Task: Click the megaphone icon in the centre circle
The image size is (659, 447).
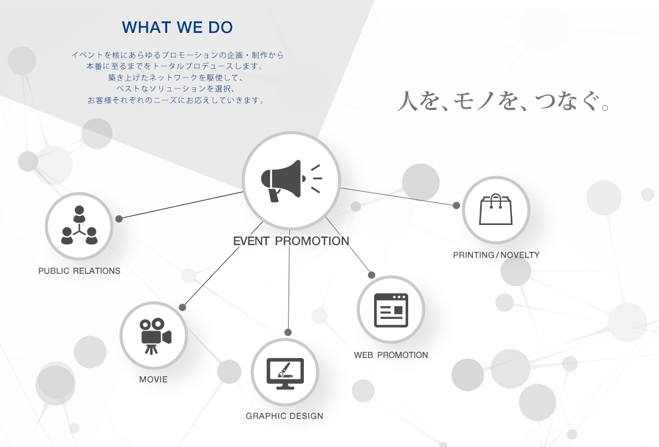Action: point(291,181)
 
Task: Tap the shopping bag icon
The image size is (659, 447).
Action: point(496,209)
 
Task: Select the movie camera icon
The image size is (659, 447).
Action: point(155,336)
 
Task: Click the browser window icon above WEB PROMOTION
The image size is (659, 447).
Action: point(391,310)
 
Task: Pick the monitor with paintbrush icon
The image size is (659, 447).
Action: point(285,373)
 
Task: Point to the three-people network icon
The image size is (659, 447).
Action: point(79,225)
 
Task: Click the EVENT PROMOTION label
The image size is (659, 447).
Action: point(291,241)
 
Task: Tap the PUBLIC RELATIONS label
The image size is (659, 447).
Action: point(79,271)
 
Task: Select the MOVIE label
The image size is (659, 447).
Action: point(153,379)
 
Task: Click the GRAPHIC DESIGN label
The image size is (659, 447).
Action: point(284,416)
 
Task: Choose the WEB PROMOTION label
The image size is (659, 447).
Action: point(391,355)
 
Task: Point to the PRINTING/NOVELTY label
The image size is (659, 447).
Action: point(496,255)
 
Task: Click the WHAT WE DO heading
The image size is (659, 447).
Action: point(178,27)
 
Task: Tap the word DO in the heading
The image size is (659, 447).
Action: point(221,27)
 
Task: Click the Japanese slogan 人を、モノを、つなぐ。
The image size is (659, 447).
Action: point(503,101)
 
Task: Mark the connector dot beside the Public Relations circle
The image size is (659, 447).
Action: point(119,219)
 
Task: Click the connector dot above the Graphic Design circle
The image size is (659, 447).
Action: point(288,332)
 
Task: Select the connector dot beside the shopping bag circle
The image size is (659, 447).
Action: point(456,206)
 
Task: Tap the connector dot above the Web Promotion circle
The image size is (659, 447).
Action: point(372,275)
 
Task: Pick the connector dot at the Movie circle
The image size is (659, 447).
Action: point(182,307)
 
